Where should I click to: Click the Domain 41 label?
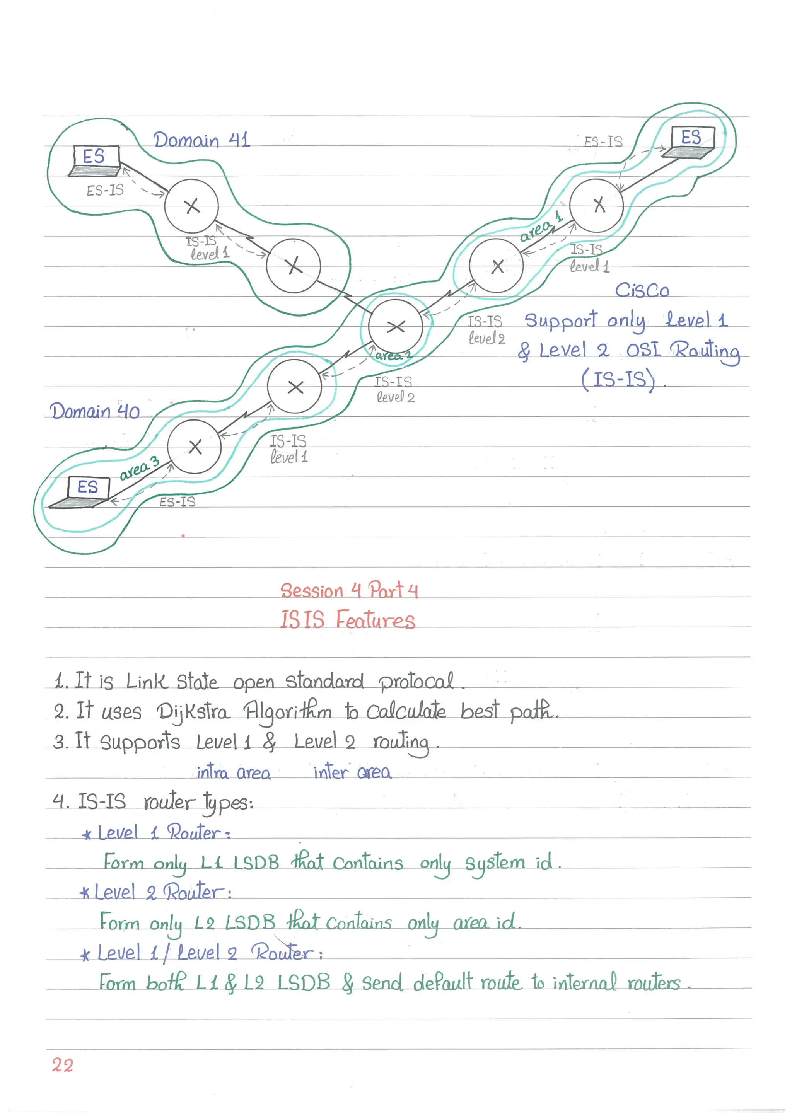tap(201, 140)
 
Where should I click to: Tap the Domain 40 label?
tap(95, 412)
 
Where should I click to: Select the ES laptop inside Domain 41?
tap(96, 160)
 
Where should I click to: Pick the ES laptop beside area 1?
tap(690, 142)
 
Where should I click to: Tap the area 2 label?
tap(393, 356)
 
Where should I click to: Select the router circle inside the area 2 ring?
tap(395, 326)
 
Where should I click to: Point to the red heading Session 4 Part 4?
tap(348, 590)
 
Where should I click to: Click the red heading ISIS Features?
tap(347, 620)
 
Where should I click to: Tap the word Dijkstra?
tap(192, 712)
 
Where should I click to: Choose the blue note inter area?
tap(352, 772)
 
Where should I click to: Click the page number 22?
tap(63, 1065)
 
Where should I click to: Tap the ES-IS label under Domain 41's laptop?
tap(105, 190)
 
